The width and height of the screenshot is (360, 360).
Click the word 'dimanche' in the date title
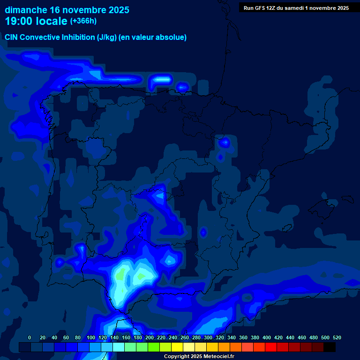click(25, 10)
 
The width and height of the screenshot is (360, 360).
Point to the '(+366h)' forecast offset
click(83, 21)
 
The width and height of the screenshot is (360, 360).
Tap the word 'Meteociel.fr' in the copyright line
click(219, 356)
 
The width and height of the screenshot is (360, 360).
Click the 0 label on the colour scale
click(30, 337)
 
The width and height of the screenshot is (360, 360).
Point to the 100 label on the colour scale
click(91, 337)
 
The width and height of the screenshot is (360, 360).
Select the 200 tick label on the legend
click(150, 337)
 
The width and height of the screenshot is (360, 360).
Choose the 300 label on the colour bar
click(208, 337)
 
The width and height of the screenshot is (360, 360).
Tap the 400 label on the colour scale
click(267, 337)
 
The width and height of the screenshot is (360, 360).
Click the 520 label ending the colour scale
click(337, 337)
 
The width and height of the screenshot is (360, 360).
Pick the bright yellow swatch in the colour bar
click(177, 347)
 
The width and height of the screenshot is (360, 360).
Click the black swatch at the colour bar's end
click(330, 347)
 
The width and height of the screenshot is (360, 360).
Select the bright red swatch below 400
click(270, 347)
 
